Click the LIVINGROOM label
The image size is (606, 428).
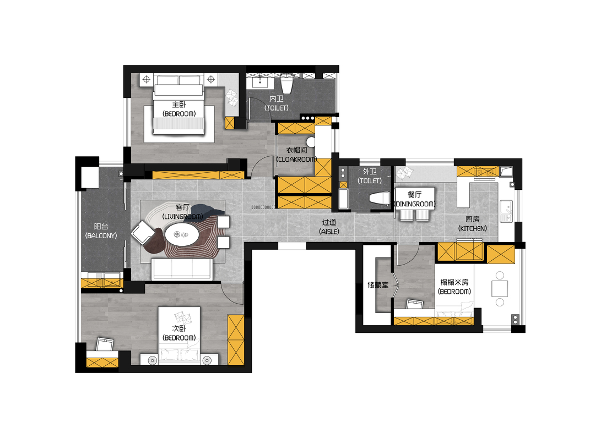coord(183,217)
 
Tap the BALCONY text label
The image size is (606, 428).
coord(101,235)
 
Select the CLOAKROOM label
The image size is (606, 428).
coord(296,159)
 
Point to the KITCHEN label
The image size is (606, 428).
coord(472,228)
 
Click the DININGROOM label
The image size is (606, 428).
coord(415,204)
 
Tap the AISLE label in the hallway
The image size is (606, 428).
coord(329,232)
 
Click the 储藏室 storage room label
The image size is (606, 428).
coord(378,285)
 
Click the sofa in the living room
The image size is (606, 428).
coord(182,269)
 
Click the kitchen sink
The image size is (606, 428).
coord(506,211)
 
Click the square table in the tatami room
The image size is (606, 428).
coord(499,289)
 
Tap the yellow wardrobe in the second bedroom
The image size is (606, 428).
coord(235,339)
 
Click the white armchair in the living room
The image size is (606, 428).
coord(143,232)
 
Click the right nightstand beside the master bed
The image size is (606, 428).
coord(210,80)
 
